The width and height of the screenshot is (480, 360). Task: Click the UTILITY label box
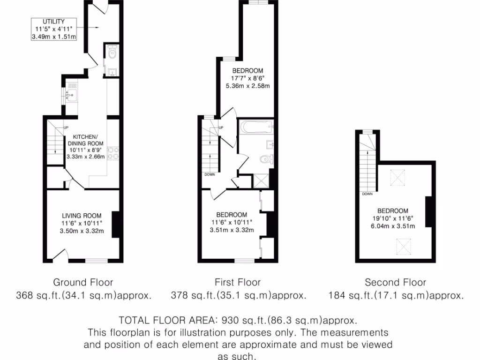coord(53,29)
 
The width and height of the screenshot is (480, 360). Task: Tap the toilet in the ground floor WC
coord(112,54)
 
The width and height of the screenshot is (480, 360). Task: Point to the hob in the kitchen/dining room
coord(113,154)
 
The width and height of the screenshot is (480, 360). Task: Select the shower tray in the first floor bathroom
coord(261,180)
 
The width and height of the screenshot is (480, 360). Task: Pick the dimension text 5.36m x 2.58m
coord(247,86)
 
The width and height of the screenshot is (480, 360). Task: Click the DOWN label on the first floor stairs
coord(209,174)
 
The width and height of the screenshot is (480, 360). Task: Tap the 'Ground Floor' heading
coord(83,282)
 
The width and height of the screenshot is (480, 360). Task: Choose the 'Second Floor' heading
coord(395,282)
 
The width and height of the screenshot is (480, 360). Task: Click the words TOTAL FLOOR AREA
coord(165,321)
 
